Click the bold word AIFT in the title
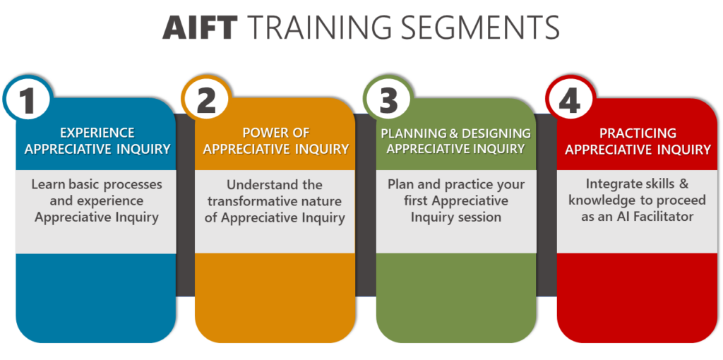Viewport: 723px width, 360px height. pyautogui.click(x=201, y=28)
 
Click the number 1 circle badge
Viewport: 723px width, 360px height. pyautogui.click(x=28, y=99)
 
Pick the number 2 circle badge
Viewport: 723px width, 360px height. pyautogui.click(x=206, y=99)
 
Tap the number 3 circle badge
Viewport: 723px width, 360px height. pyautogui.click(x=388, y=99)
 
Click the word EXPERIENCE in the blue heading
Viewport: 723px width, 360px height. pyautogui.click(x=97, y=133)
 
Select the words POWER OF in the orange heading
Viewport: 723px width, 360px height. pyautogui.click(x=276, y=133)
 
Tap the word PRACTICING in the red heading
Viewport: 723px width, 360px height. pyautogui.click(x=638, y=133)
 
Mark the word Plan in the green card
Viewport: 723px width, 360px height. pyautogui.click(x=399, y=184)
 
